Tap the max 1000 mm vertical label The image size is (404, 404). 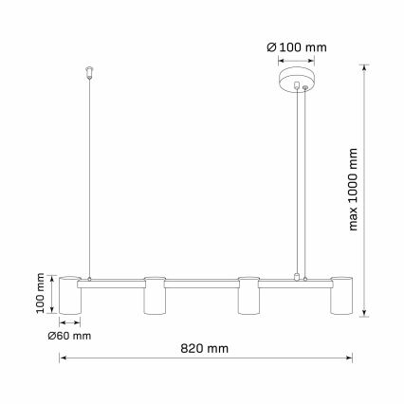pos(354,190)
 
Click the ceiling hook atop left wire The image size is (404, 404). pos(89,70)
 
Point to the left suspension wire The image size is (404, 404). pos(89,180)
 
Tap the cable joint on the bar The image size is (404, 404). pos(301,278)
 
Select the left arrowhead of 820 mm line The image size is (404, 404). pos(64,358)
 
